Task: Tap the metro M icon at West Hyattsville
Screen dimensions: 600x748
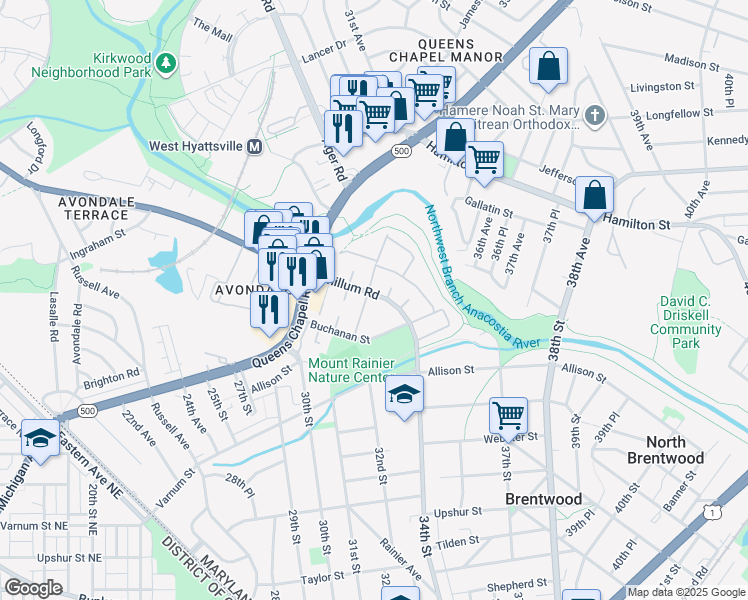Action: point(255,146)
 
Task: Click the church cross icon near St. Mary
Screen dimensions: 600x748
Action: point(596,116)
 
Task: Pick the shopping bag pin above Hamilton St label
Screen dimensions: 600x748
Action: point(594,197)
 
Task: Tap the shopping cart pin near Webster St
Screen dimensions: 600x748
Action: point(509,417)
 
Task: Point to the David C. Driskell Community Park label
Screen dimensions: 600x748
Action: point(698,321)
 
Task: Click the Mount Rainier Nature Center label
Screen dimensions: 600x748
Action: point(347,370)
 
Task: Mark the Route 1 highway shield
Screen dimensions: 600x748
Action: point(711,512)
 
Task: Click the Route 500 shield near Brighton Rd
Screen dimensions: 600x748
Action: point(86,410)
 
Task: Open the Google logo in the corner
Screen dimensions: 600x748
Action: point(33,588)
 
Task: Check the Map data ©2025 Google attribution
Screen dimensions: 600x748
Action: point(686,592)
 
